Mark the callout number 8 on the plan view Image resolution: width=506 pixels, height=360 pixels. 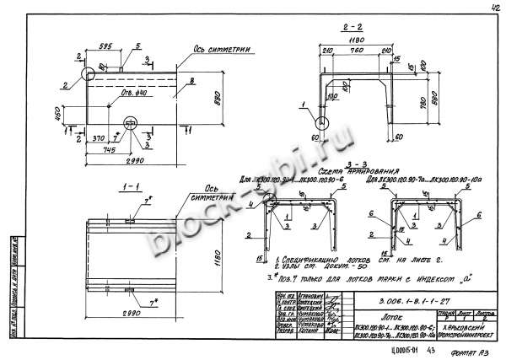[x=192, y=81]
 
